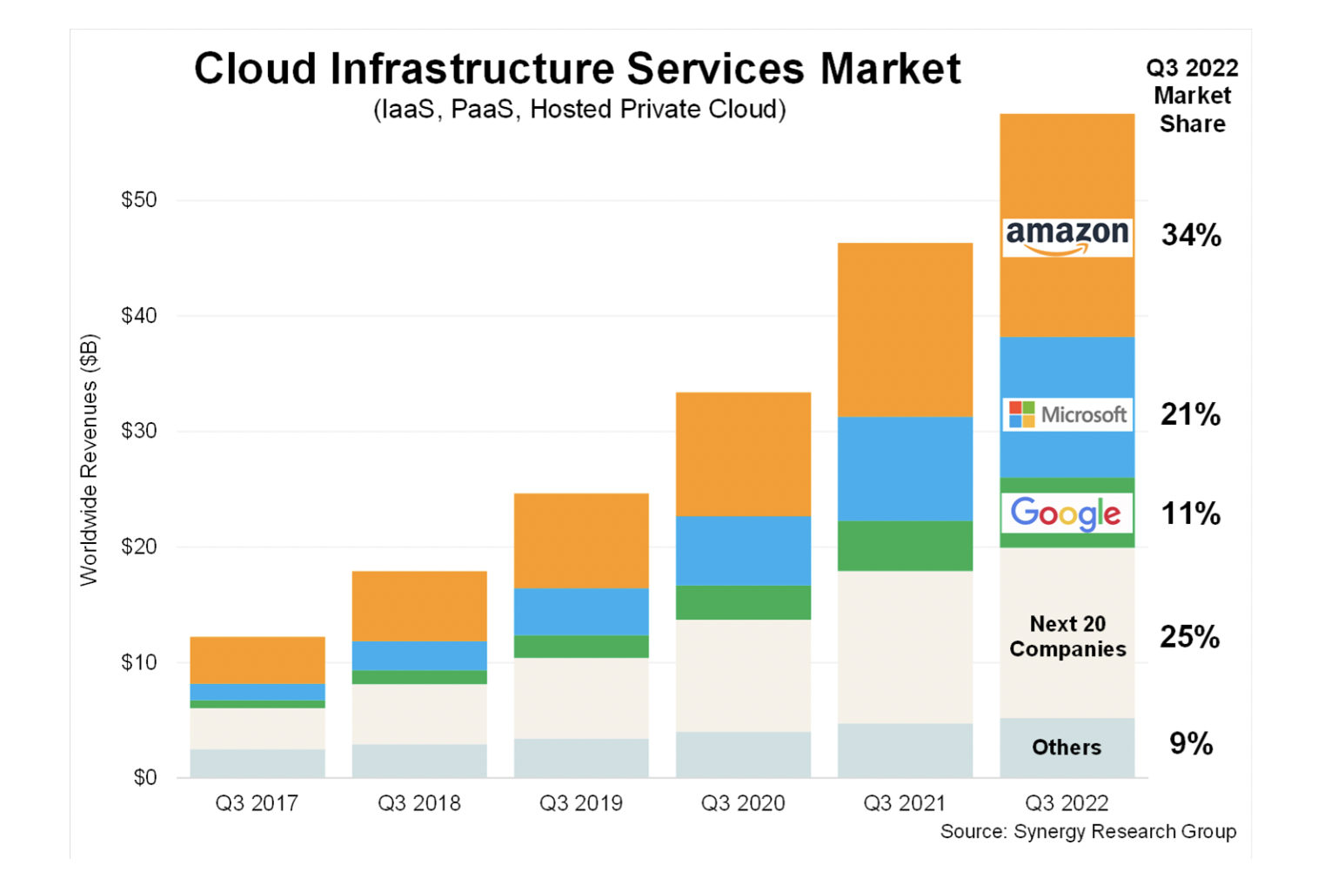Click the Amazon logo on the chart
point(1067,237)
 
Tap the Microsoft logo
point(1067,414)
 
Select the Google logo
point(1067,513)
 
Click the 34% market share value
point(1191,235)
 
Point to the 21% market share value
point(1190,414)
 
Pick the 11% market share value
point(1190,513)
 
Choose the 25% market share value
point(1189,637)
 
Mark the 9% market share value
point(1190,744)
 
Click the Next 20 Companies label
point(1067,636)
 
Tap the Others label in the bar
point(1067,748)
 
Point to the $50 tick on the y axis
point(139,200)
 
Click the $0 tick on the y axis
point(144,777)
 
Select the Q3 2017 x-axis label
point(257,803)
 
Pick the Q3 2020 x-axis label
point(743,803)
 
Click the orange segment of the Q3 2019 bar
point(581,540)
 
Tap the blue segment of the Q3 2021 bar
point(905,468)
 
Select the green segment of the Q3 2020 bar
point(743,602)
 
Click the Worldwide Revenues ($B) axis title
point(89,460)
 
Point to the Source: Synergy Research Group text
point(1087,832)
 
